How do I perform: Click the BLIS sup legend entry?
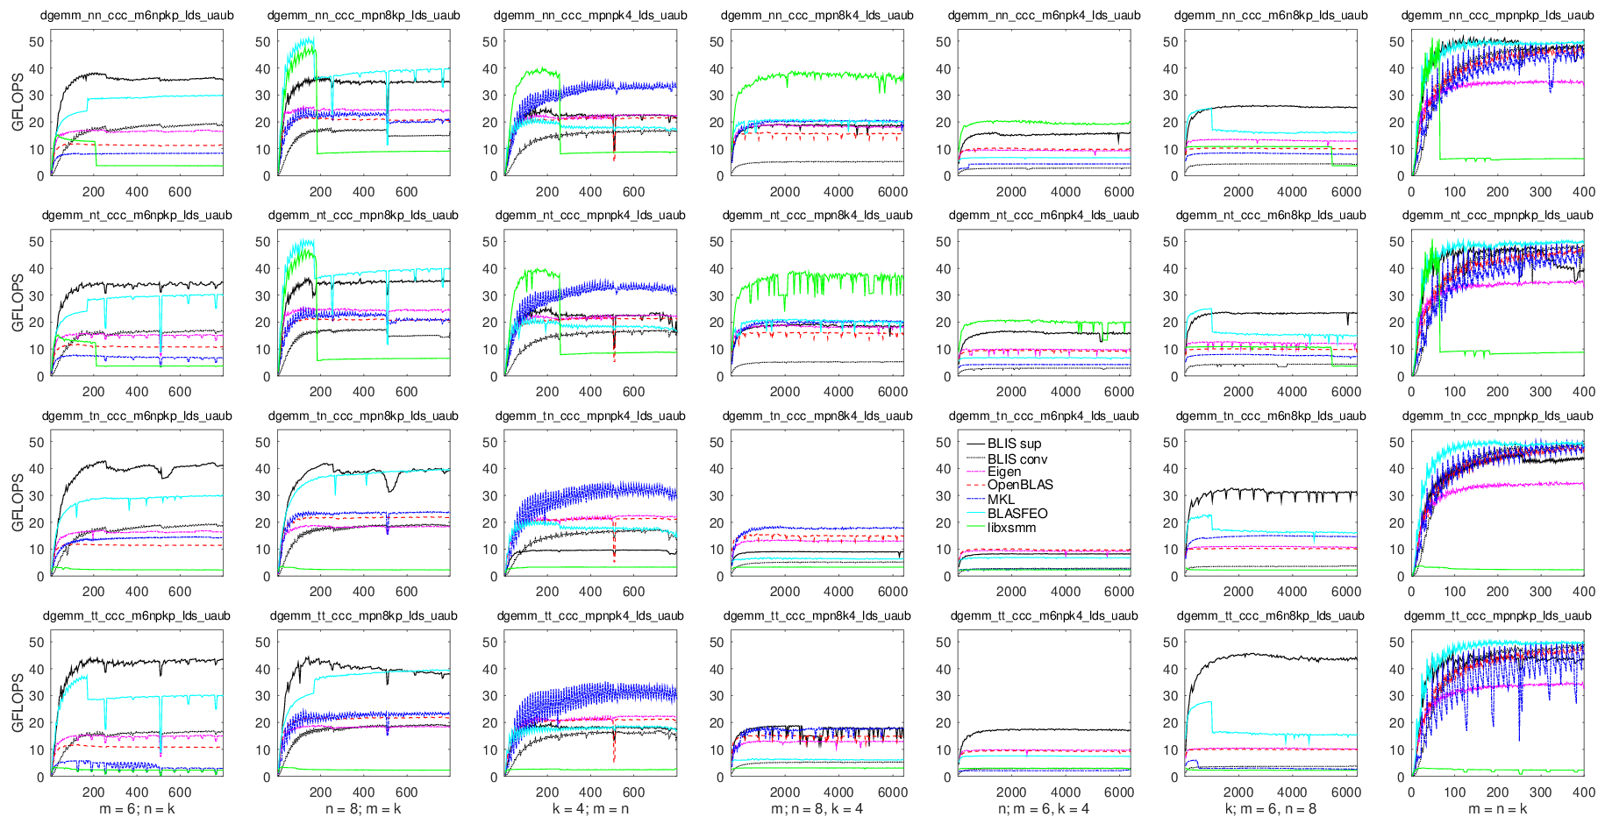tap(1014, 444)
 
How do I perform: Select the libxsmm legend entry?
tap(1011, 528)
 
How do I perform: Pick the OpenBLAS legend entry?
tap(1020, 485)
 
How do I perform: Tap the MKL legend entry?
tap(1001, 499)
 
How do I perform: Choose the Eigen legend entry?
tap(1004, 472)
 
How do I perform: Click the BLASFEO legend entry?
tap(1017, 514)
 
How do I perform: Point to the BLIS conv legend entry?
tap(1017, 458)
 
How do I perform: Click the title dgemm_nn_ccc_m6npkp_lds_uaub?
tap(136, 15)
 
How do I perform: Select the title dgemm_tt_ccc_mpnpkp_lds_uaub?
tap(1497, 616)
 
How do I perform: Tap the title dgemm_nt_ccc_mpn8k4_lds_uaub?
tap(817, 216)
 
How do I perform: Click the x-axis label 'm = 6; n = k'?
tap(137, 808)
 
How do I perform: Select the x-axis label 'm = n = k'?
tap(1497, 808)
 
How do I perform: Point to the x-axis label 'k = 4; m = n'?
tap(590, 808)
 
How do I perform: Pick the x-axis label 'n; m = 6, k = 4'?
tap(1044, 808)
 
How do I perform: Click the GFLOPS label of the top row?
tap(18, 109)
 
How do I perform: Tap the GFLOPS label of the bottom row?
tap(18, 710)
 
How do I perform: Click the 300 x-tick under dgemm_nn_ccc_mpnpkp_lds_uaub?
tap(1540, 192)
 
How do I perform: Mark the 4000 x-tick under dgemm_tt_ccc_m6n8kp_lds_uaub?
tap(1292, 792)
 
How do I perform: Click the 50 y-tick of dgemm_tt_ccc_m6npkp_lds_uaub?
tap(36, 643)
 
